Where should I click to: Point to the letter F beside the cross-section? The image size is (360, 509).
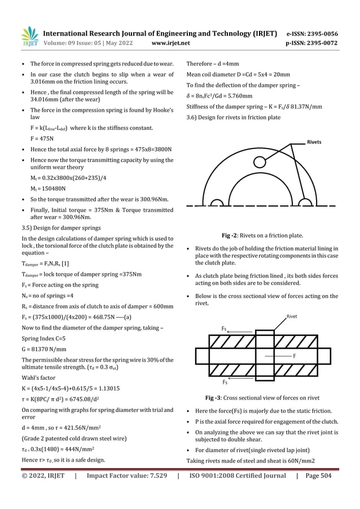295,356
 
